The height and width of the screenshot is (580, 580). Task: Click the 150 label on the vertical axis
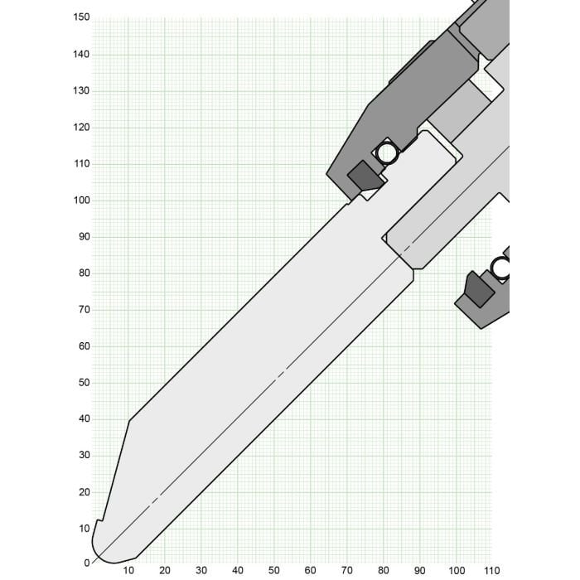pyautogui.click(x=81, y=17)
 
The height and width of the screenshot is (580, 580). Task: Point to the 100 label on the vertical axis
pyautogui.click(x=81, y=201)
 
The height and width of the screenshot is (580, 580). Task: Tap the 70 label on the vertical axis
pyautogui.click(x=84, y=310)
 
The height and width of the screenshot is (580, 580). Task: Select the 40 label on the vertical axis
pyautogui.click(x=84, y=418)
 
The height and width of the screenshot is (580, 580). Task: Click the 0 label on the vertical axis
pyautogui.click(x=87, y=563)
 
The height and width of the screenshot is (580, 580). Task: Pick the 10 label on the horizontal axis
pyautogui.click(x=128, y=570)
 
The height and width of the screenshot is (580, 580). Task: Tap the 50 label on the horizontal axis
pyautogui.click(x=274, y=570)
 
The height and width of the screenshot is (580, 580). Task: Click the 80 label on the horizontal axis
pyautogui.click(x=383, y=570)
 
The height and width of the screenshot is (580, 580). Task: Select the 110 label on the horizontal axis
pyautogui.click(x=492, y=570)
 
